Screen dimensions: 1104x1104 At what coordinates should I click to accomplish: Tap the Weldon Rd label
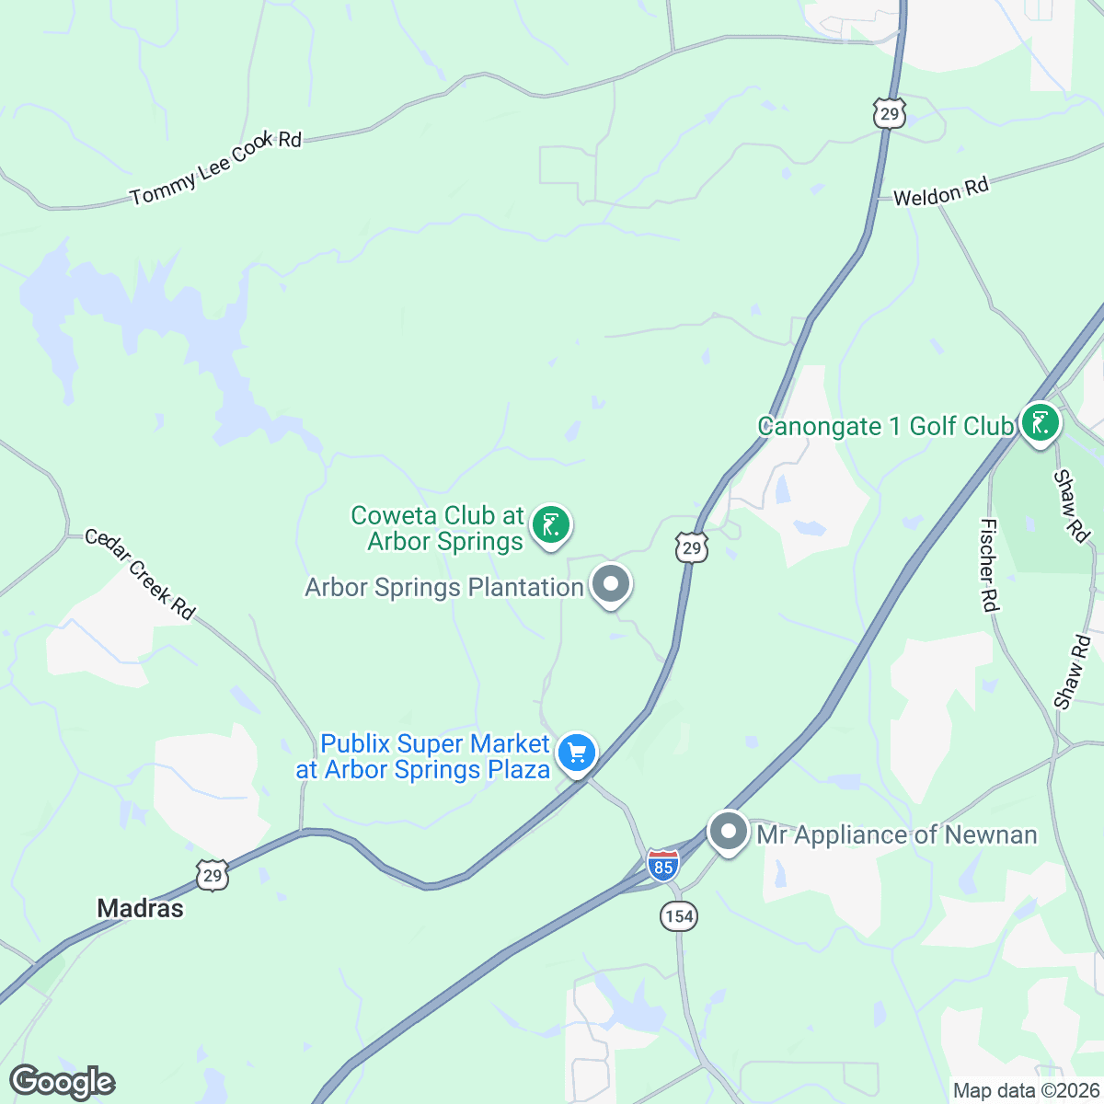tap(941, 191)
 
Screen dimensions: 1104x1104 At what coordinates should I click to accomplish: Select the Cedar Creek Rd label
tap(140, 574)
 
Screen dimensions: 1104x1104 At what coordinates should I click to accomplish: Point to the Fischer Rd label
tap(989, 565)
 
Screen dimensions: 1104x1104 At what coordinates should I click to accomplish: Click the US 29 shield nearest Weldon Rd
tap(890, 113)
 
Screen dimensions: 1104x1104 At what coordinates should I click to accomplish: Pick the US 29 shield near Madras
tap(213, 875)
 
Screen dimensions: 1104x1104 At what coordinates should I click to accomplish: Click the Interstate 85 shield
tap(662, 866)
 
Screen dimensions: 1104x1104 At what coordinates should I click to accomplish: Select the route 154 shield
tap(678, 915)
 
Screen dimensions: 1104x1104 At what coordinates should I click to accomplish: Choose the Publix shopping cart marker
tap(577, 754)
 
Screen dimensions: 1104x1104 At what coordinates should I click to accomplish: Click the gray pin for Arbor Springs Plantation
tap(610, 585)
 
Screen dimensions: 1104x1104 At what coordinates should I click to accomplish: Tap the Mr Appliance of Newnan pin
tap(729, 833)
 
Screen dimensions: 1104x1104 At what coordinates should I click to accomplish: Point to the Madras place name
tap(141, 908)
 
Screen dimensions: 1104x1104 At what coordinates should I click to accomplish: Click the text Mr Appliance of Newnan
tap(896, 834)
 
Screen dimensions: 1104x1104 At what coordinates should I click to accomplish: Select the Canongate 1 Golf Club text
tap(884, 426)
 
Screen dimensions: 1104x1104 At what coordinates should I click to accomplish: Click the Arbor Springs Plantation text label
tap(444, 587)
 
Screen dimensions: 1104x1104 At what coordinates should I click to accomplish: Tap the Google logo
tap(62, 1082)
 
